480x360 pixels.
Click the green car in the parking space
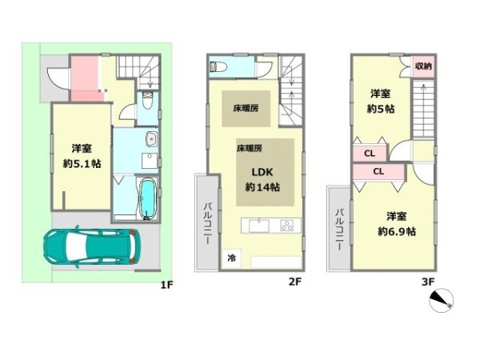tap(92, 246)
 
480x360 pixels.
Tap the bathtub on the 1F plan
tap(148, 198)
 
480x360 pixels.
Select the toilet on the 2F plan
tap(218, 66)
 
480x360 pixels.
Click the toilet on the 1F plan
tap(147, 101)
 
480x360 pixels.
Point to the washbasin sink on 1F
tap(151, 139)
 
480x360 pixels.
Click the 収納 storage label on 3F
tap(423, 66)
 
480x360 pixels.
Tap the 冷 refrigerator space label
tap(231, 258)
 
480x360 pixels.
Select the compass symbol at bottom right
tap(441, 300)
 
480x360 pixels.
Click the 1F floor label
tap(167, 285)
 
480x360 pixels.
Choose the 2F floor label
tap(294, 282)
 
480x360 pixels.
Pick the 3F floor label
tap(428, 282)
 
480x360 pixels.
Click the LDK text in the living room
tap(262, 172)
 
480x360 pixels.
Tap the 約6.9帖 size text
tap(397, 231)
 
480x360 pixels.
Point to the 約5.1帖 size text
tap(82, 164)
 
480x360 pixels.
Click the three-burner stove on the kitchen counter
tap(287, 226)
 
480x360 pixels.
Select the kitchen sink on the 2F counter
tap(259, 226)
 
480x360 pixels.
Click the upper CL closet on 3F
tap(370, 154)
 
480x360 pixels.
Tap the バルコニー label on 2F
tap(208, 223)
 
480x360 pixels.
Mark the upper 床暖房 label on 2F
tap(246, 108)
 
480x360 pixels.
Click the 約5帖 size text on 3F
tap(381, 109)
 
